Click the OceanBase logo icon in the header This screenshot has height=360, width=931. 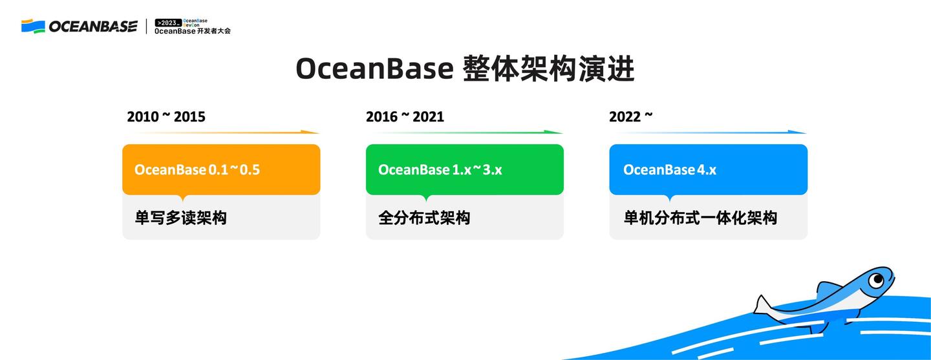coord(33,26)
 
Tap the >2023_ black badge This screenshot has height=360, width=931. coord(168,23)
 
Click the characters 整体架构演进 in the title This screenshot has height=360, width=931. coord(549,69)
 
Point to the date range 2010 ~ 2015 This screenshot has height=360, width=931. coord(166,117)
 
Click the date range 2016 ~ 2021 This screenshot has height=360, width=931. coord(405,117)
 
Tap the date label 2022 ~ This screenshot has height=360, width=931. coord(630,117)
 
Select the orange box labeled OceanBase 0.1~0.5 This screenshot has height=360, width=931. coord(221,169)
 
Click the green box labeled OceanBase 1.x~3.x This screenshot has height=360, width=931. coord(464,169)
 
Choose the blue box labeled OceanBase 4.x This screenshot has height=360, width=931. coord(708,169)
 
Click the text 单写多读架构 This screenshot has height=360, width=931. coord(180,218)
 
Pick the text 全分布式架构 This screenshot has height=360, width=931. coord(424,218)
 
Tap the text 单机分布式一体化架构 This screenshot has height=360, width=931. coord(700,218)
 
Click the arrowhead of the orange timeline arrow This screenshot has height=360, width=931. coord(312,132)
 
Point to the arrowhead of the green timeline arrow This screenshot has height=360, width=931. coord(555,132)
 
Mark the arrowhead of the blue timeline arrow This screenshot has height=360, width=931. coord(799,132)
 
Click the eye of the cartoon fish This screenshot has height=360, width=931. coord(876,280)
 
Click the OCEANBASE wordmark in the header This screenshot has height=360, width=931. coord(93,26)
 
